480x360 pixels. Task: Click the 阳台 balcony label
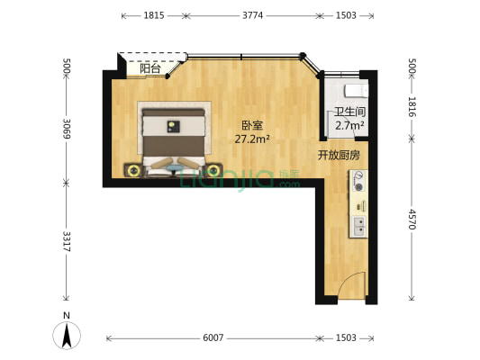click(149, 68)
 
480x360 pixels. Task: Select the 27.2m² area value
click(252, 139)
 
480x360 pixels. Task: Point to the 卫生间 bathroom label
click(349, 113)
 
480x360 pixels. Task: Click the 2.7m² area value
click(349, 126)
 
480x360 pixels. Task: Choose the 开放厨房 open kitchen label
click(339, 155)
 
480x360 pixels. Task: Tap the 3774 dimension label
click(254, 16)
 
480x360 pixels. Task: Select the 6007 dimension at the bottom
click(213, 338)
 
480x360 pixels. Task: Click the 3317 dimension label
click(66, 241)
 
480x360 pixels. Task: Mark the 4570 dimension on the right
click(412, 221)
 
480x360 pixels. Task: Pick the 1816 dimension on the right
click(412, 107)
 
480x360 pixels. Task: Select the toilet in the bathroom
click(354, 91)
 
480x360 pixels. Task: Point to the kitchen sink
click(359, 224)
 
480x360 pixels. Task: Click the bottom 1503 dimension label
click(346, 338)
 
